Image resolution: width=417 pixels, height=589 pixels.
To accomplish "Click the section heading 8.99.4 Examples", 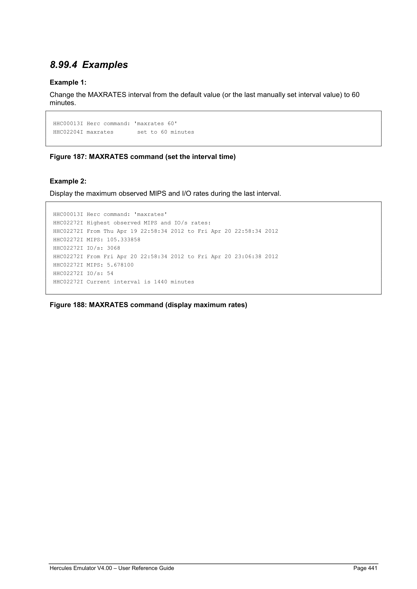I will point(89,65).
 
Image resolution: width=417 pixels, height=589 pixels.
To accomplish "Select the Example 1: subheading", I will point(68,82).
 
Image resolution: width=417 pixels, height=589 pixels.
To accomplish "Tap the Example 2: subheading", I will point(68,181).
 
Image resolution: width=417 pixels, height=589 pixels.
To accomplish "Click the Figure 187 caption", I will point(143,157).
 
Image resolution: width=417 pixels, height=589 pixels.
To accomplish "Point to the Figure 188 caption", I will point(148,305).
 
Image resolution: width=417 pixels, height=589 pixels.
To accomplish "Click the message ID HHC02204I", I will point(68,132).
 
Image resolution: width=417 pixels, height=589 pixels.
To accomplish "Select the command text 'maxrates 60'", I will point(156,124).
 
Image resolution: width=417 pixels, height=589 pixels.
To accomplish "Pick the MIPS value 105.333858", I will point(124,239).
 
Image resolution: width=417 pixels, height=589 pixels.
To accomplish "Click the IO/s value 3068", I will point(114,248).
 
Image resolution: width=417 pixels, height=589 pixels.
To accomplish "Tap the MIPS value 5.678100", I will point(120,265).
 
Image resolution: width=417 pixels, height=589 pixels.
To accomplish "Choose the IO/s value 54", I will point(110,273).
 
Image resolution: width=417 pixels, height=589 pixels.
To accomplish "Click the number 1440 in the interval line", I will point(160,282).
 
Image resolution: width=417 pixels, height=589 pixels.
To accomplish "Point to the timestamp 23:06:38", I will point(248,257).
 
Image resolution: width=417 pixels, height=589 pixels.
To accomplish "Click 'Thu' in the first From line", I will point(109,231).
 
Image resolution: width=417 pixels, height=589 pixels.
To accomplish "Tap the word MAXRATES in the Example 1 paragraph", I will point(107,95).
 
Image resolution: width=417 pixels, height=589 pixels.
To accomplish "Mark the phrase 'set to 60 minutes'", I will point(166,132).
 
